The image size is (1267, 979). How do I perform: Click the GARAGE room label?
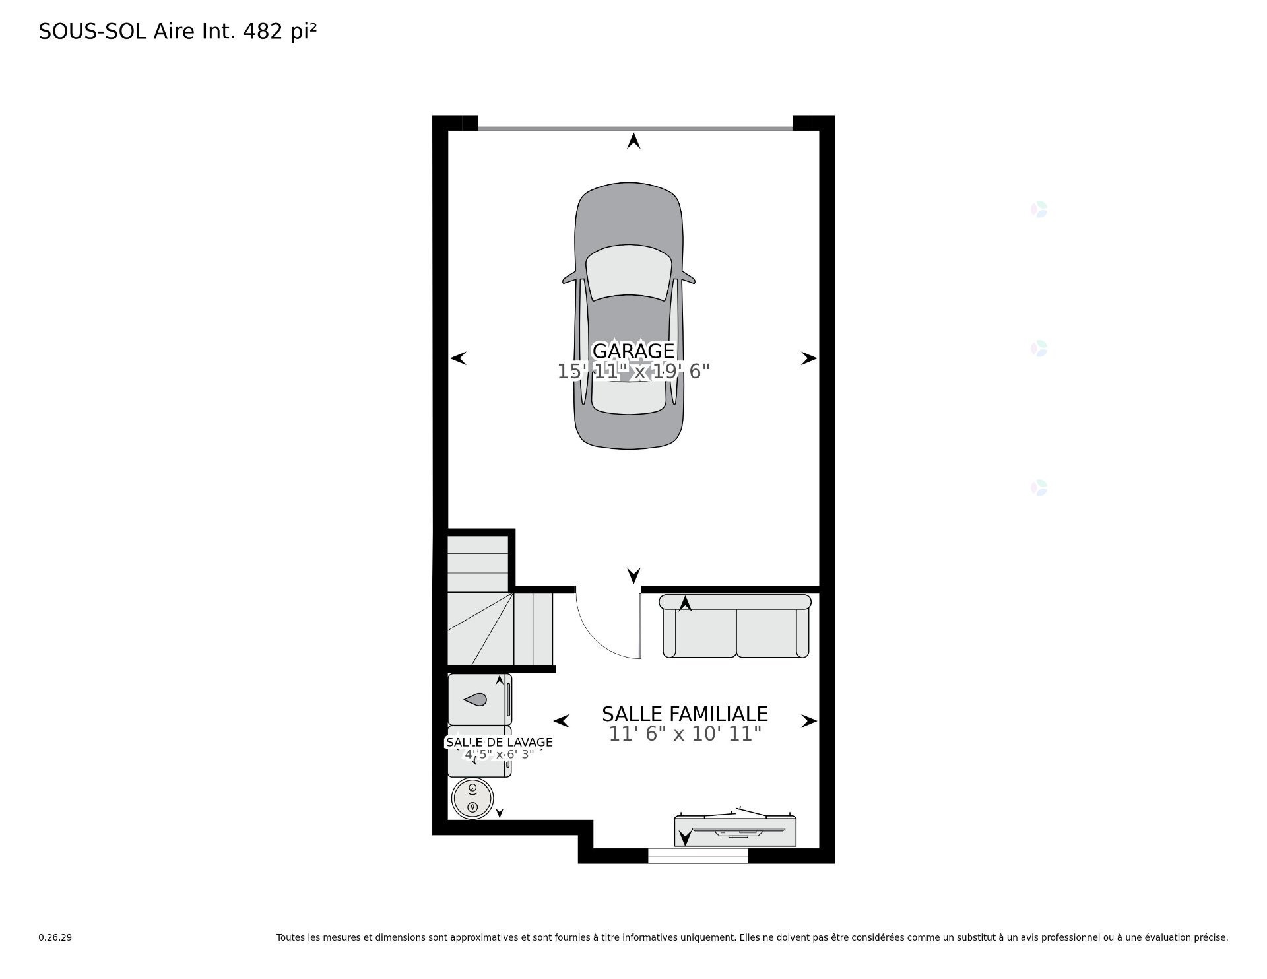coord(633,351)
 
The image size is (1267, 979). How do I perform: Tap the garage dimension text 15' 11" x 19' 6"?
coord(633,372)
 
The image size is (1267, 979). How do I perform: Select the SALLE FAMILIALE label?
coord(684,714)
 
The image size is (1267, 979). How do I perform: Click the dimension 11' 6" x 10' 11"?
coord(684,734)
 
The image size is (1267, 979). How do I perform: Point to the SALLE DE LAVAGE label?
coord(499,742)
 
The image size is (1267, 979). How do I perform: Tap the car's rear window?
coord(628,396)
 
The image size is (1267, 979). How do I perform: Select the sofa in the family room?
coord(736,627)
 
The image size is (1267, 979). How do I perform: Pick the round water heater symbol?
coord(472,798)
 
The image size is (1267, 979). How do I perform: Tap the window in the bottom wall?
coord(698,856)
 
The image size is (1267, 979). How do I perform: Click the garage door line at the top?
coord(633,128)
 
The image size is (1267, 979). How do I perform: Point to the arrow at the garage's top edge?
coord(633,141)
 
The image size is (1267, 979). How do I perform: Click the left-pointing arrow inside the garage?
coord(459,358)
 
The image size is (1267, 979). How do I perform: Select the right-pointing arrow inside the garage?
coord(808,358)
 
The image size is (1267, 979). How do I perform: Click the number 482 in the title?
coord(263,31)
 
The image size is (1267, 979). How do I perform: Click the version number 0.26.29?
coord(55,937)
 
